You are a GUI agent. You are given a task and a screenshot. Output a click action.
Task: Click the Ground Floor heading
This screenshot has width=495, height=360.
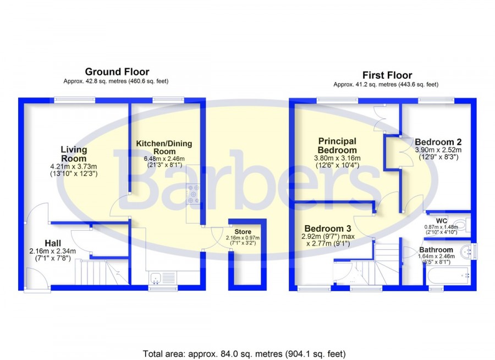(x=117, y=72)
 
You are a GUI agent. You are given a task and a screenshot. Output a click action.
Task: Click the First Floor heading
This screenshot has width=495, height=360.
(x=387, y=75)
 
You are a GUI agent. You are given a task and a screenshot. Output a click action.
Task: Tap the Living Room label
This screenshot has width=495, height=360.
(x=74, y=154)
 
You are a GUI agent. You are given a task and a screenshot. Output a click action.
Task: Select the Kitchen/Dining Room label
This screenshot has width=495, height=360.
(x=164, y=148)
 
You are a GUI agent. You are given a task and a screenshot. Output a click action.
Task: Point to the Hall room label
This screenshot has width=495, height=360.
(x=53, y=243)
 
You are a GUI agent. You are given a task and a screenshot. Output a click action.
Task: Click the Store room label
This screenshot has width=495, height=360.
(x=243, y=232)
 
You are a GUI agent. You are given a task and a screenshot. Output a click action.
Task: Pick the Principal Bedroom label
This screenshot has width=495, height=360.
(x=337, y=145)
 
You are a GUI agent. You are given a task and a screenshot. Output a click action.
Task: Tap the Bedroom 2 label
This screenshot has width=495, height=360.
(x=438, y=142)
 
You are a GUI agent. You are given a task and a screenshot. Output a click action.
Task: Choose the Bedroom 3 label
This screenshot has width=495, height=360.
(x=328, y=228)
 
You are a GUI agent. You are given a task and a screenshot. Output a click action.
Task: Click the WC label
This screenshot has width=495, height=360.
(x=442, y=221)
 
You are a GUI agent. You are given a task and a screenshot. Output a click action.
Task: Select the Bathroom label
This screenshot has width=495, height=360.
(x=436, y=250)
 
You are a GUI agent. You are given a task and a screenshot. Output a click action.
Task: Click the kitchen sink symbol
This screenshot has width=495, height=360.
(x=156, y=278)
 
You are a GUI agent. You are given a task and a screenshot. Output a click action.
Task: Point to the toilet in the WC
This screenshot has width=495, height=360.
(x=463, y=225)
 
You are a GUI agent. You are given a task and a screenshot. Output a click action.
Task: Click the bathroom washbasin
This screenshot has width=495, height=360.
(x=466, y=251)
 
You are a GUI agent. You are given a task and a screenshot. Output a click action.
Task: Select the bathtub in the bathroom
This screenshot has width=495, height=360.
(x=448, y=276)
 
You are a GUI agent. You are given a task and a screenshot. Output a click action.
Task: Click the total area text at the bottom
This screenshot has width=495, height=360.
(x=244, y=354)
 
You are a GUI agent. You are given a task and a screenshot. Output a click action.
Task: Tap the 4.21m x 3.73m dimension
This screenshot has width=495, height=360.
(x=74, y=166)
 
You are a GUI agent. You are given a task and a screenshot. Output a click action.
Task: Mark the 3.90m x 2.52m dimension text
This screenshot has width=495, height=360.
(x=438, y=150)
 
